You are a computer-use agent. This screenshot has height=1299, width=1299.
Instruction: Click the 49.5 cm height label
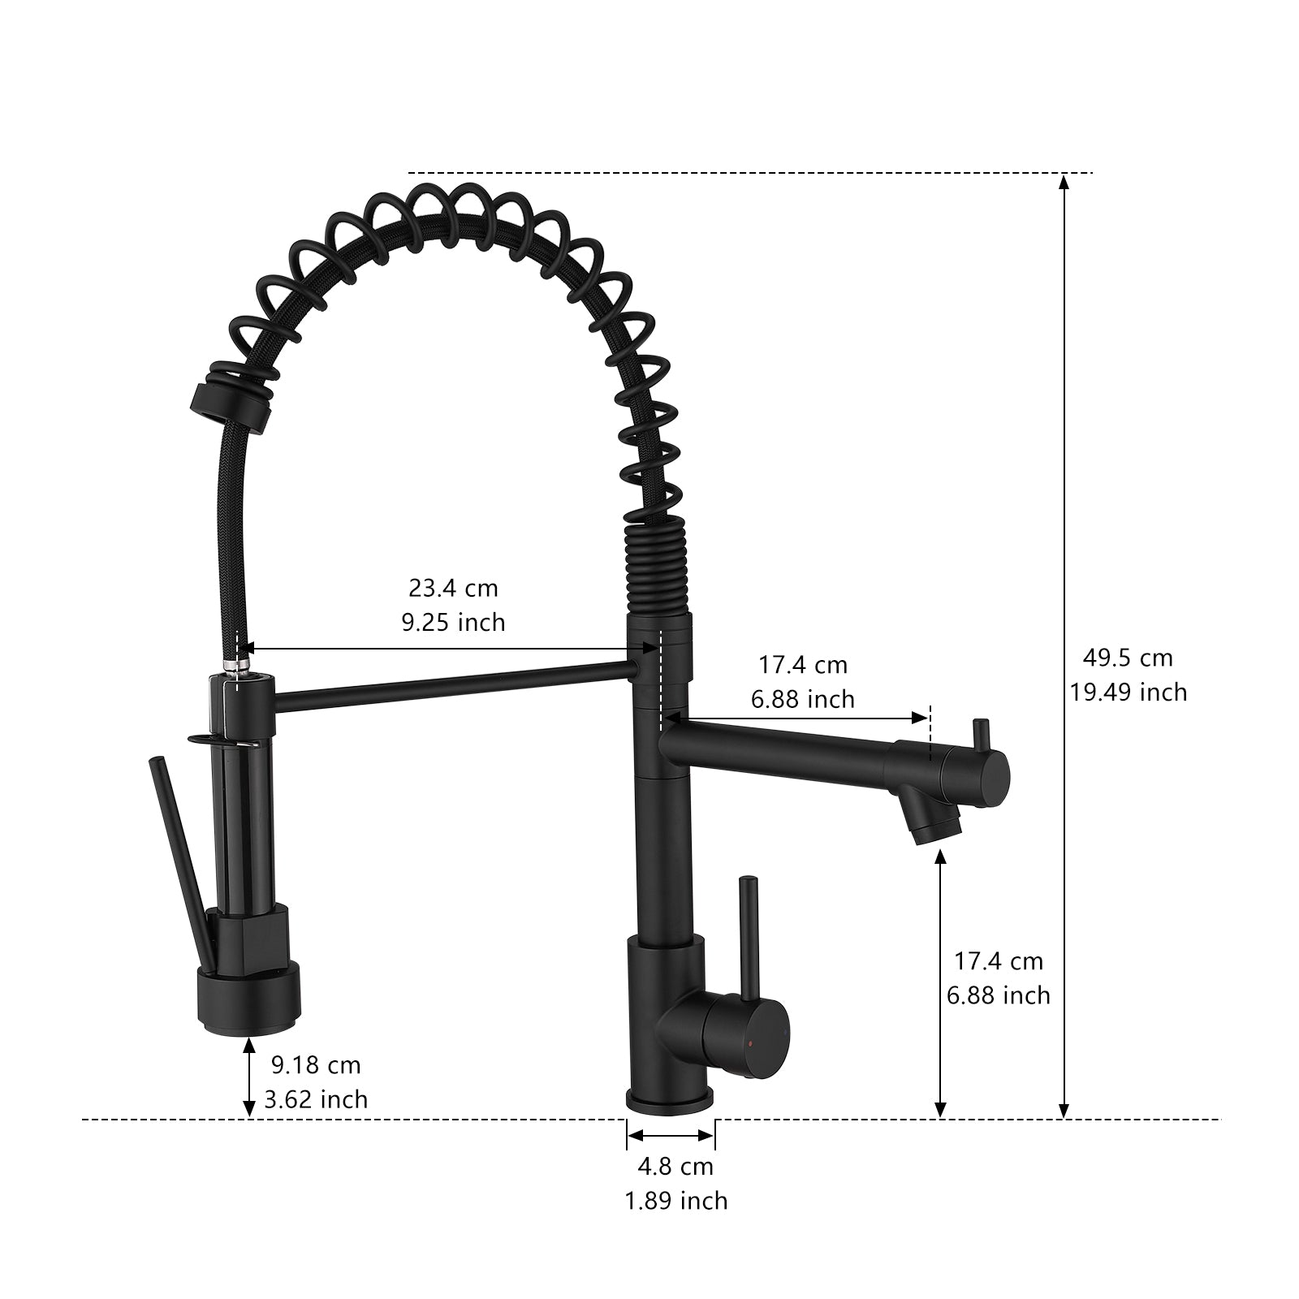[1128, 658]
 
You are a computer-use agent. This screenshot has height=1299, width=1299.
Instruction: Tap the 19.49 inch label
[1128, 692]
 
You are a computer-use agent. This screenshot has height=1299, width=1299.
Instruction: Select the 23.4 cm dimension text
[452, 587]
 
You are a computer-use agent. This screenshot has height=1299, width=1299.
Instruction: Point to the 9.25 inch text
[452, 622]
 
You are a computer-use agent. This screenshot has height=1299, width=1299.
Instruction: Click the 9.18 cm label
[316, 1064]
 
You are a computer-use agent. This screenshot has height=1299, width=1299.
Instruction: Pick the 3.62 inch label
[316, 1099]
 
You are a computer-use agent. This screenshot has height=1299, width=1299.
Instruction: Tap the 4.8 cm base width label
[675, 1167]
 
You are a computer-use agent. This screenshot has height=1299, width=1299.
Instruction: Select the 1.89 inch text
[675, 1201]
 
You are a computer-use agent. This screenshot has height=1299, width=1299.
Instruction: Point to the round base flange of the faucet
[670, 1102]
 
